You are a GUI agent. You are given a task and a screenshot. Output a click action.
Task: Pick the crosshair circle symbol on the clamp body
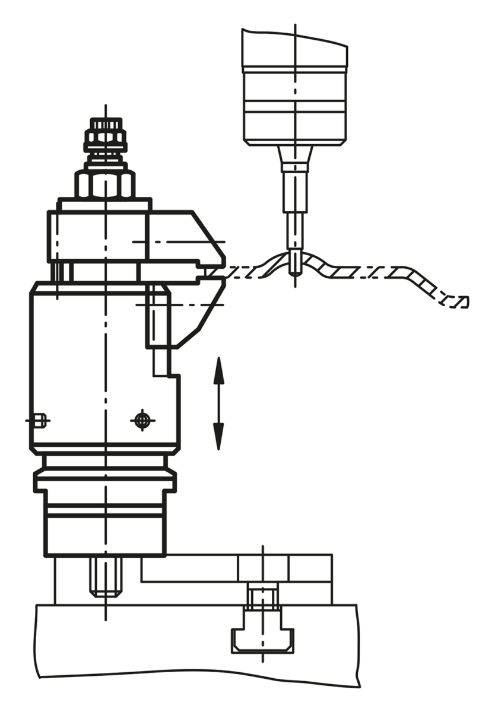pos(142,420)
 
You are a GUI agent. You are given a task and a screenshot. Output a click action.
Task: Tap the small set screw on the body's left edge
pos(40,420)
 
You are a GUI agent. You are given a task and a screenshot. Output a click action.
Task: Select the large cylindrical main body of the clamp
pos(89,368)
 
